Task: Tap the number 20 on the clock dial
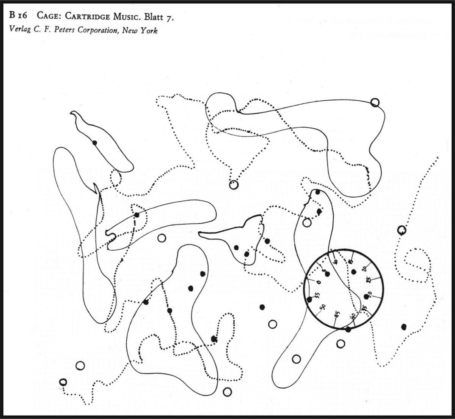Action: pyautogui.click(x=364, y=269)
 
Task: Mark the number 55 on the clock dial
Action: pyautogui.click(x=316, y=294)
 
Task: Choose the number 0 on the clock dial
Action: pyautogui.click(x=318, y=281)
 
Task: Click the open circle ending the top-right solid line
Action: pyautogui.click(x=375, y=103)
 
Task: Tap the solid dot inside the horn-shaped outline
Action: pyautogui.click(x=95, y=142)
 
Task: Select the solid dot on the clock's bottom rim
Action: pyautogui.click(x=348, y=329)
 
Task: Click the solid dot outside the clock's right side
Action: pyautogui.click(x=404, y=326)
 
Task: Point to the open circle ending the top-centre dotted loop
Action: pyautogui.click(x=234, y=185)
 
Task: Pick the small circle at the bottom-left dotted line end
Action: pyautogui.click(x=63, y=382)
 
